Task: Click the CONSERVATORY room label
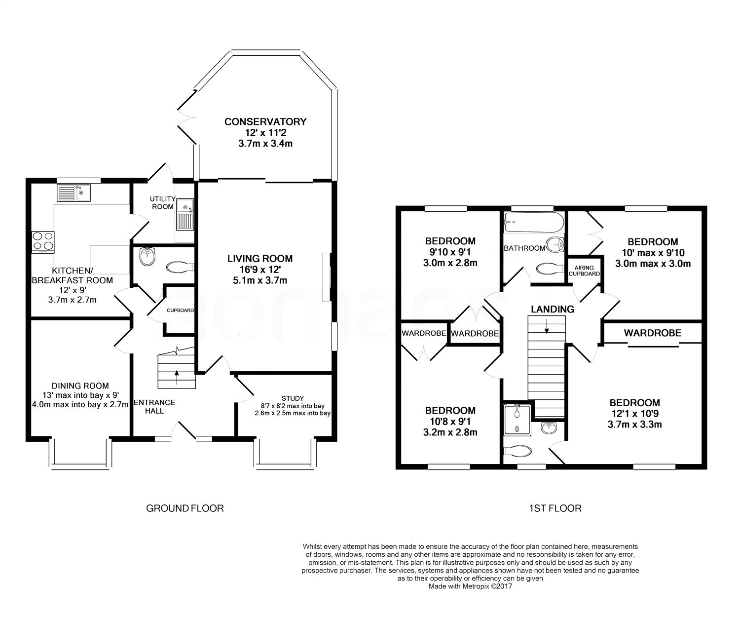click(x=265, y=121)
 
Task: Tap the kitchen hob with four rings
click(x=43, y=242)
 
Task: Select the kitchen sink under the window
click(x=74, y=193)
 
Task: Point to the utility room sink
click(x=185, y=215)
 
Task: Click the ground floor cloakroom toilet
click(x=180, y=267)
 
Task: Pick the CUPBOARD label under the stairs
click(x=181, y=310)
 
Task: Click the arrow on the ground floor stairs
click(x=177, y=377)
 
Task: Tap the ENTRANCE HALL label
click(x=154, y=407)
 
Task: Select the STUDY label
click(x=293, y=398)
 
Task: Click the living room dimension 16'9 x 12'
click(x=260, y=270)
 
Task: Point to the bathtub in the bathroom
click(x=534, y=222)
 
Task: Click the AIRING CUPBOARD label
click(x=584, y=270)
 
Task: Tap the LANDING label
click(x=553, y=309)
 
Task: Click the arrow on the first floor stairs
click(x=547, y=327)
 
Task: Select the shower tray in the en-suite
click(x=518, y=420)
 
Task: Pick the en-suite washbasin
click(x=550, y=428)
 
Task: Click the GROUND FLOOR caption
click(x=185, y=508)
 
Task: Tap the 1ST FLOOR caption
click(x=555, y=508)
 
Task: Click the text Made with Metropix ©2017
click(x=470, y=586)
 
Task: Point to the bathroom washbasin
click(x=555, y=245)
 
